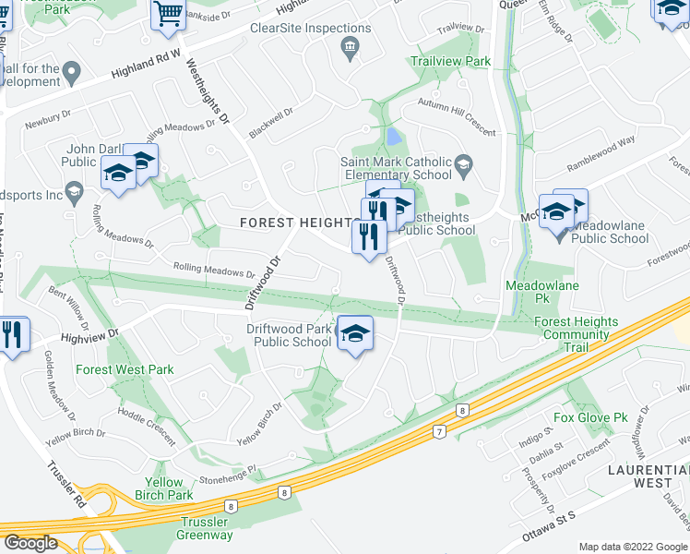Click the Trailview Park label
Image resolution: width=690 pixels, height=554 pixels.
point(450,61)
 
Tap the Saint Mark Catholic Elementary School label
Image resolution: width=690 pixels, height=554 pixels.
point(396,168)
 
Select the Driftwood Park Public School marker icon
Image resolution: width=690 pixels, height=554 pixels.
point(355,334)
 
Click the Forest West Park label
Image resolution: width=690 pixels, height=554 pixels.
point(125,369)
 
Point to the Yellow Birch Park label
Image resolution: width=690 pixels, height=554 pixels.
point(163,488)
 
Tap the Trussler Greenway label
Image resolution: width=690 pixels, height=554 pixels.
point(205,528)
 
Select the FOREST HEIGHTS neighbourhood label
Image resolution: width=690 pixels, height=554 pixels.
point(296,223)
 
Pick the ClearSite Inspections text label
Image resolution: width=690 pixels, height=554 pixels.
point(311,28)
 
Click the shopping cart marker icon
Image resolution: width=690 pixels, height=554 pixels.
point(168,15)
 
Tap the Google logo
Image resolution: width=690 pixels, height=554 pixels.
point(30,543)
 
